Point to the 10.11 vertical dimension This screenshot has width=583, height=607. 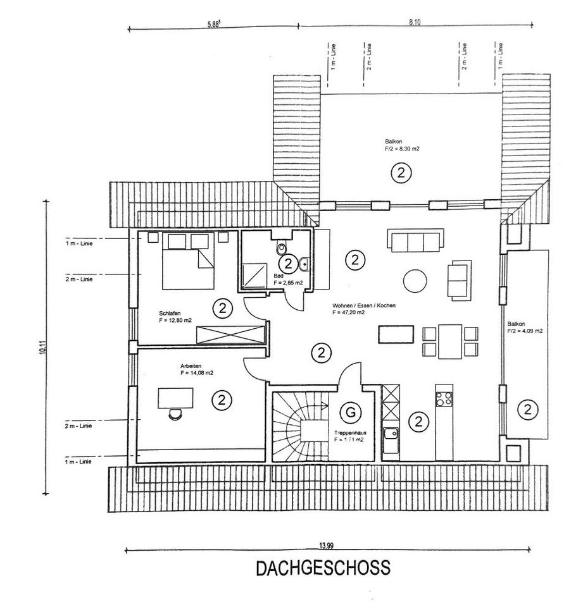(x=41, y=347)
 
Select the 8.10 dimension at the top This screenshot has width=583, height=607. (x=415, y=22)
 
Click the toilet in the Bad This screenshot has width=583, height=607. (x=282, y=247)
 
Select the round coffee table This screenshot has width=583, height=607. (x=415, y=281)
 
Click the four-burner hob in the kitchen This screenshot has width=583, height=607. (x=443, y=398)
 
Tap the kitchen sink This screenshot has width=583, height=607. (x=391, y=434)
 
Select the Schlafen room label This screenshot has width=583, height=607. (x=168, y=312)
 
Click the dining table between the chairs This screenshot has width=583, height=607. (x=449, y=341)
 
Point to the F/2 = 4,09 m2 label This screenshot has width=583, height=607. (x=525, y=331)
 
